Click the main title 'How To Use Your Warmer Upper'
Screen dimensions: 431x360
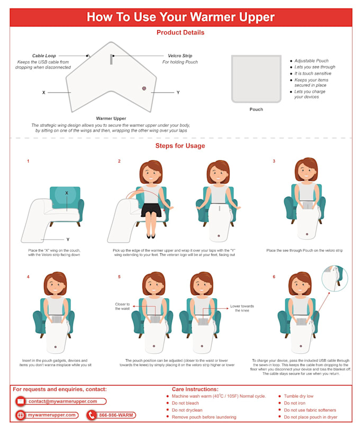click(181, 17)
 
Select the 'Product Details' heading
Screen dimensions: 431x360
click(180, 33)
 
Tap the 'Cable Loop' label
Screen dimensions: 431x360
click(44, 56)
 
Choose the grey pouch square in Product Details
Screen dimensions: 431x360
click(256, 78)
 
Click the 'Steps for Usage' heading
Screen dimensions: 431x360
click(180, 146)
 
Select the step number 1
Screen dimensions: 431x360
click(28, 161)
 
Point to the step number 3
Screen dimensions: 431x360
click(274, 161)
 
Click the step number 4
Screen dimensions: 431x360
click(28, 277)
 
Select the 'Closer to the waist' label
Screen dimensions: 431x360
click(122, 306)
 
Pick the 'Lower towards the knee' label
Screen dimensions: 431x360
click(241, 308)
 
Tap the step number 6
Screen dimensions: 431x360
click(274, 277)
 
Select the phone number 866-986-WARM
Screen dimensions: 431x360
click(116, 415)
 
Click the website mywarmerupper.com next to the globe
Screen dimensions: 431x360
click(51, 415)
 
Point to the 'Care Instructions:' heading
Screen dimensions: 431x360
click(195, 389)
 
